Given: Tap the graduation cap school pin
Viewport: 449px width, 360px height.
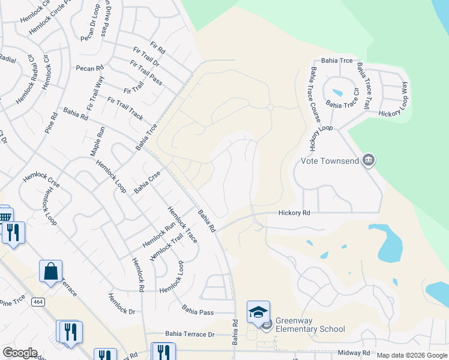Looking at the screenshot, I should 258,313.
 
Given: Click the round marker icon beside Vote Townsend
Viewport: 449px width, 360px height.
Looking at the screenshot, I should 370,160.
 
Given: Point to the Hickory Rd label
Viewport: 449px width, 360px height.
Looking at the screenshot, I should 294,213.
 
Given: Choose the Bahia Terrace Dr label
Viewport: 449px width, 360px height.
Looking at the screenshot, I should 190,334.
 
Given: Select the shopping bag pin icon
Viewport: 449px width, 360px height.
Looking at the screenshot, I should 50,271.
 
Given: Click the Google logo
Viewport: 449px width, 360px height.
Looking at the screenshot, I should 20,353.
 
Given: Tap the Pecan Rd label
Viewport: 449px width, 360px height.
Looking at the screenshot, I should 89,68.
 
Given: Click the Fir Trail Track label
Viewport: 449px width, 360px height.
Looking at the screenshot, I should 125,107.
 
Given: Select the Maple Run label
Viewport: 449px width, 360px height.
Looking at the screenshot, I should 97,142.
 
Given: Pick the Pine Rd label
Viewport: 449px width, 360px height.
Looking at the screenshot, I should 51,122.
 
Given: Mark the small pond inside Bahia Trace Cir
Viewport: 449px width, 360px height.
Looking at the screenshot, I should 337,93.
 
